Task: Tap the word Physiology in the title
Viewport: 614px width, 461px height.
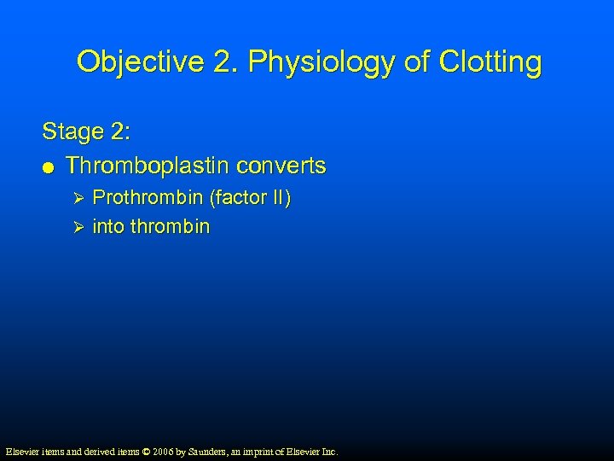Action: [310, 62]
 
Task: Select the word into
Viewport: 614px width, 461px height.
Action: [106, 226]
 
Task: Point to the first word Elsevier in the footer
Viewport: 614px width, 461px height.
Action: [23, 451]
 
